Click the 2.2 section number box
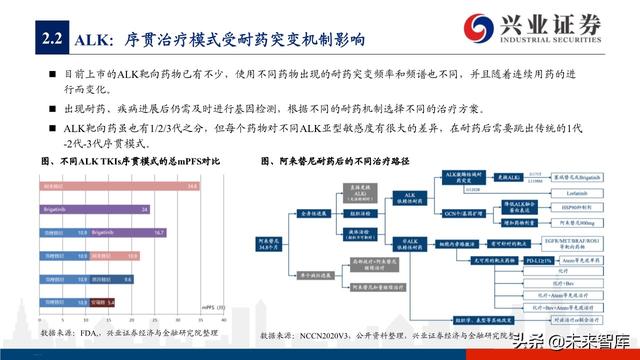pyautogui.click(x=49, y=40)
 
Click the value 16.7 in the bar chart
pyautogui.click(x=158, y=232)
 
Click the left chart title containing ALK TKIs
pyautogui.click(x=129, y=161)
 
